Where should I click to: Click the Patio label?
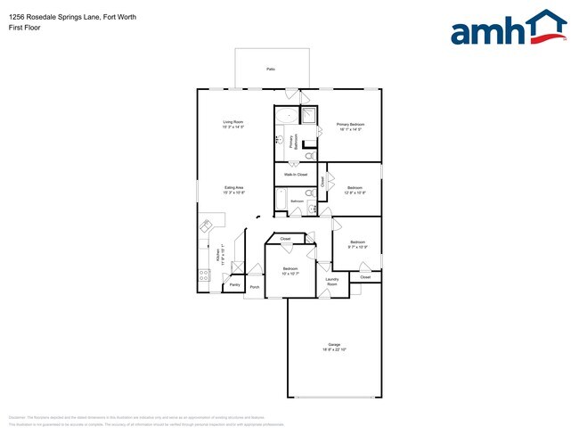pyautogui.click(x=271, y=69)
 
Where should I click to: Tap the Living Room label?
pyautogui.click(x=232, y=122)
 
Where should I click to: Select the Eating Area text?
pyautogui.click(x=233, y=187)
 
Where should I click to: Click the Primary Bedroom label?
pyautogui.click(x=351, y=124)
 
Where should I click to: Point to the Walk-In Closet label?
pyautogui.click(x=296, y=175)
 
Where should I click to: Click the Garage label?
pyautogui.click(x=334, y=344)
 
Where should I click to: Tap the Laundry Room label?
pyautogui.click(x=331, y=282)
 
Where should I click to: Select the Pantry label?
pyautogui.click(x=234, y=285)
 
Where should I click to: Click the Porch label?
pyautogui.click(x=255, y=287)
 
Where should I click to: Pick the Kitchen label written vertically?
pyautogui.click(x=218, y=257)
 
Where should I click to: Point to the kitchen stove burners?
pyautogui.click(x=204, y=275)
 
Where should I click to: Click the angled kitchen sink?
pyautogui.click(x=208, y=226)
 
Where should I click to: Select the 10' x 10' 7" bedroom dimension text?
pyautogui.click(x=290, y=273)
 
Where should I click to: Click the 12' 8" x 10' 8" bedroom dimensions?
pyautogui.click(x=355, y=192)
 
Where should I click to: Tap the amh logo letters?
pyautogui.click(x=485, y=31)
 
